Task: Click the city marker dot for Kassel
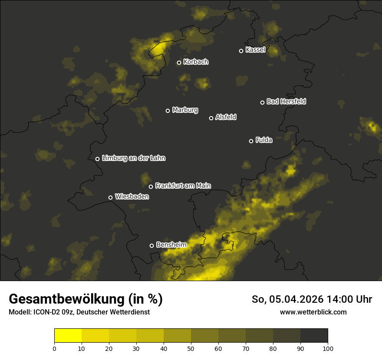point(241,51)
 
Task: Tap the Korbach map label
point(196,62)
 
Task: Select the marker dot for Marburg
point(168,111)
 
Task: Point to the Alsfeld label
point(226,117)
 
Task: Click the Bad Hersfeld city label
point(286,101)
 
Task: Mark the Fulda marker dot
point(251,141)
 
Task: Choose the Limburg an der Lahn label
point(133,158)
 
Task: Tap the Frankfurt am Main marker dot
point(151,187)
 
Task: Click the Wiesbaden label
point(132,196)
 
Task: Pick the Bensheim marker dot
point(151,245)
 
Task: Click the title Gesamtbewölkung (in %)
point(86,299)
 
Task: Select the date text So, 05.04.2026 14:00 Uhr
point(312,299)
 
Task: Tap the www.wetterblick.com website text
point(313,312)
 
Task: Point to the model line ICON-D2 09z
point(79,312)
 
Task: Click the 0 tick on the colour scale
point(54,348)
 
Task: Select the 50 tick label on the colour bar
point(191,348)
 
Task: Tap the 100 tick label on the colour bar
point(328,348)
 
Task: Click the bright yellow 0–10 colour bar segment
point(68,336)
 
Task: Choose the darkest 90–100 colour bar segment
point(314,336)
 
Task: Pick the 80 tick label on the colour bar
point(273,348)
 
